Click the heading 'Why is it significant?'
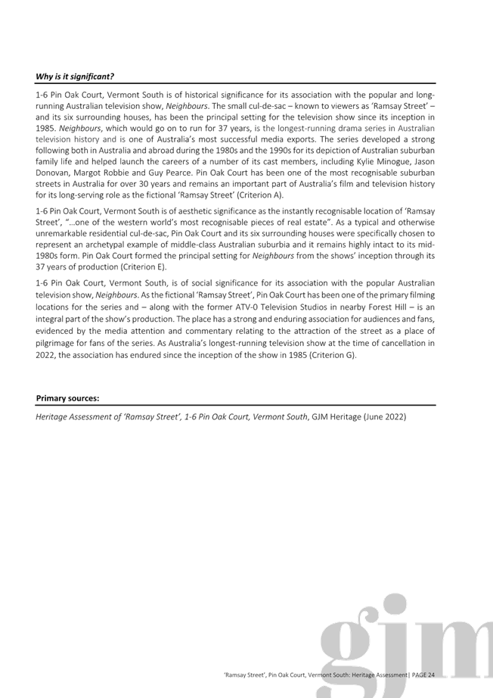(75, 76)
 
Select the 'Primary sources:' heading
(67, 398)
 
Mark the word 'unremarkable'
(58, 233)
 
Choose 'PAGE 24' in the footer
(423, 675)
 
